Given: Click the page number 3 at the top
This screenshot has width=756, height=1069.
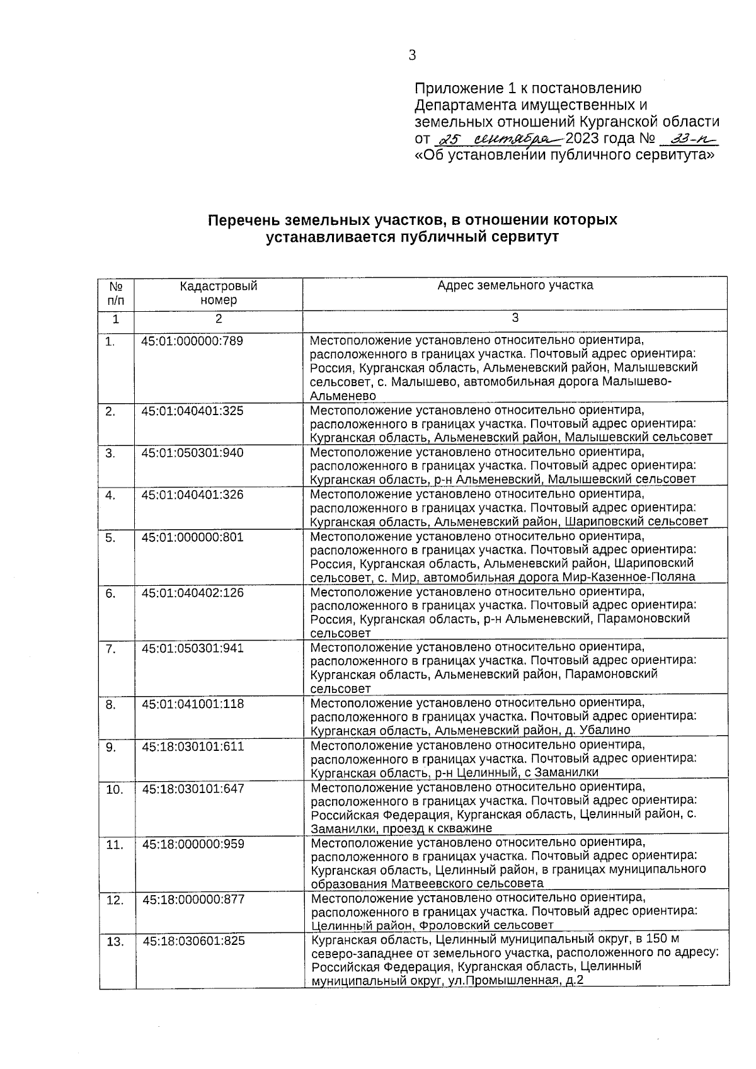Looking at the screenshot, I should tap(412, 55).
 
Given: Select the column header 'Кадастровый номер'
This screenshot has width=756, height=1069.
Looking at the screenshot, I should tap(218, 293).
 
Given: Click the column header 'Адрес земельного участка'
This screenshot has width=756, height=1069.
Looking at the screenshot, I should tap(515, 285).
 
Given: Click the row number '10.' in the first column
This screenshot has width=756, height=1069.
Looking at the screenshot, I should tap(115, 789).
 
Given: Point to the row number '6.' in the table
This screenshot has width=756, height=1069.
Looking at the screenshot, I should tap(111, 593).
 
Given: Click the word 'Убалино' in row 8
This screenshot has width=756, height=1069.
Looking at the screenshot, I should tap(605, 730).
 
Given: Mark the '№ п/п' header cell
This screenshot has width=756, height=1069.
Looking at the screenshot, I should tap(116, 293).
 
